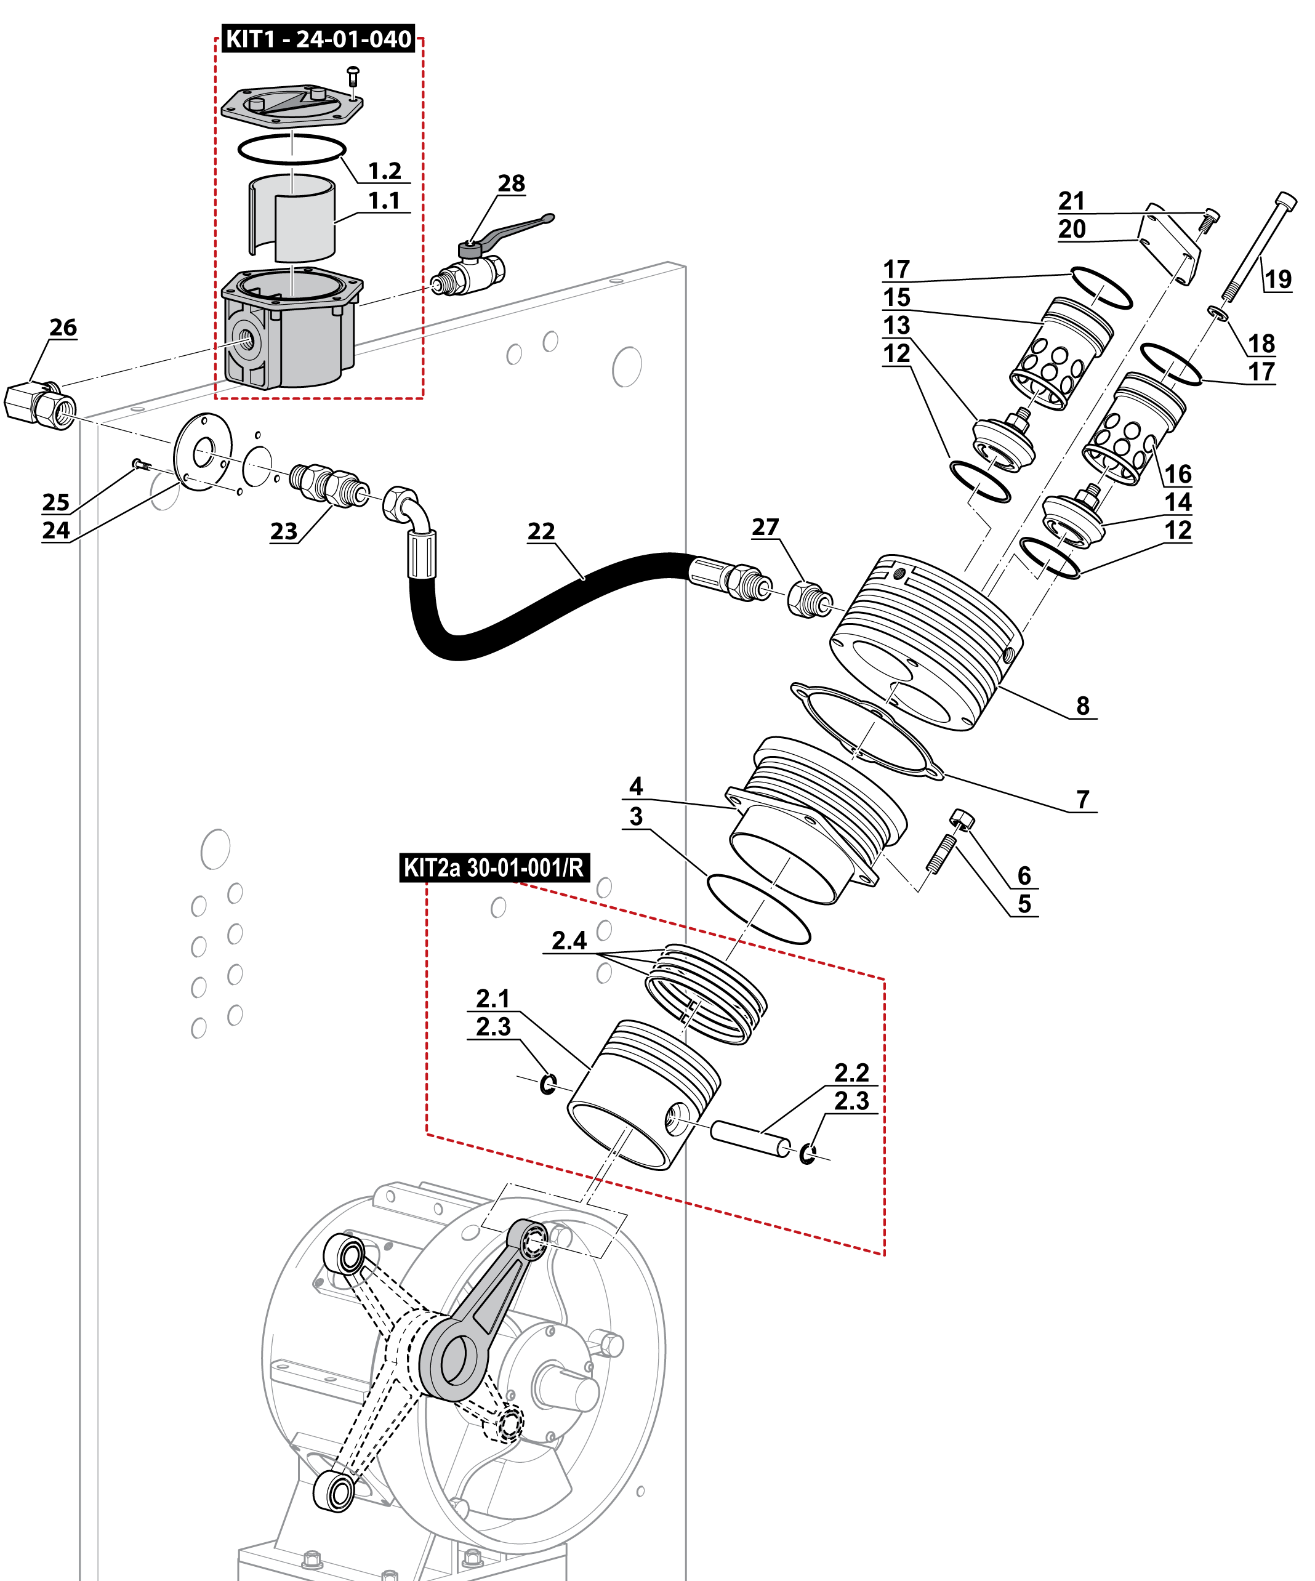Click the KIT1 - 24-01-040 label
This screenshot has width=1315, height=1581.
tap(318, 39)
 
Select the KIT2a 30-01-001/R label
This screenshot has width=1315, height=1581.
tap(494, 867)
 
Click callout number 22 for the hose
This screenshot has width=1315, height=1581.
tap(541, 531)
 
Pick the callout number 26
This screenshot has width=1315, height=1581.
tap(63, 328)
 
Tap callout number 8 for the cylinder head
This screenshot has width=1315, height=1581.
tap(1082, 706)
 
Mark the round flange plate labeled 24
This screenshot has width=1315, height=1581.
tap(203, 452)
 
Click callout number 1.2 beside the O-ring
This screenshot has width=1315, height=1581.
tap(384, 171)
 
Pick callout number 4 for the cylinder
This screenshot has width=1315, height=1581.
tap(636, 787)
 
